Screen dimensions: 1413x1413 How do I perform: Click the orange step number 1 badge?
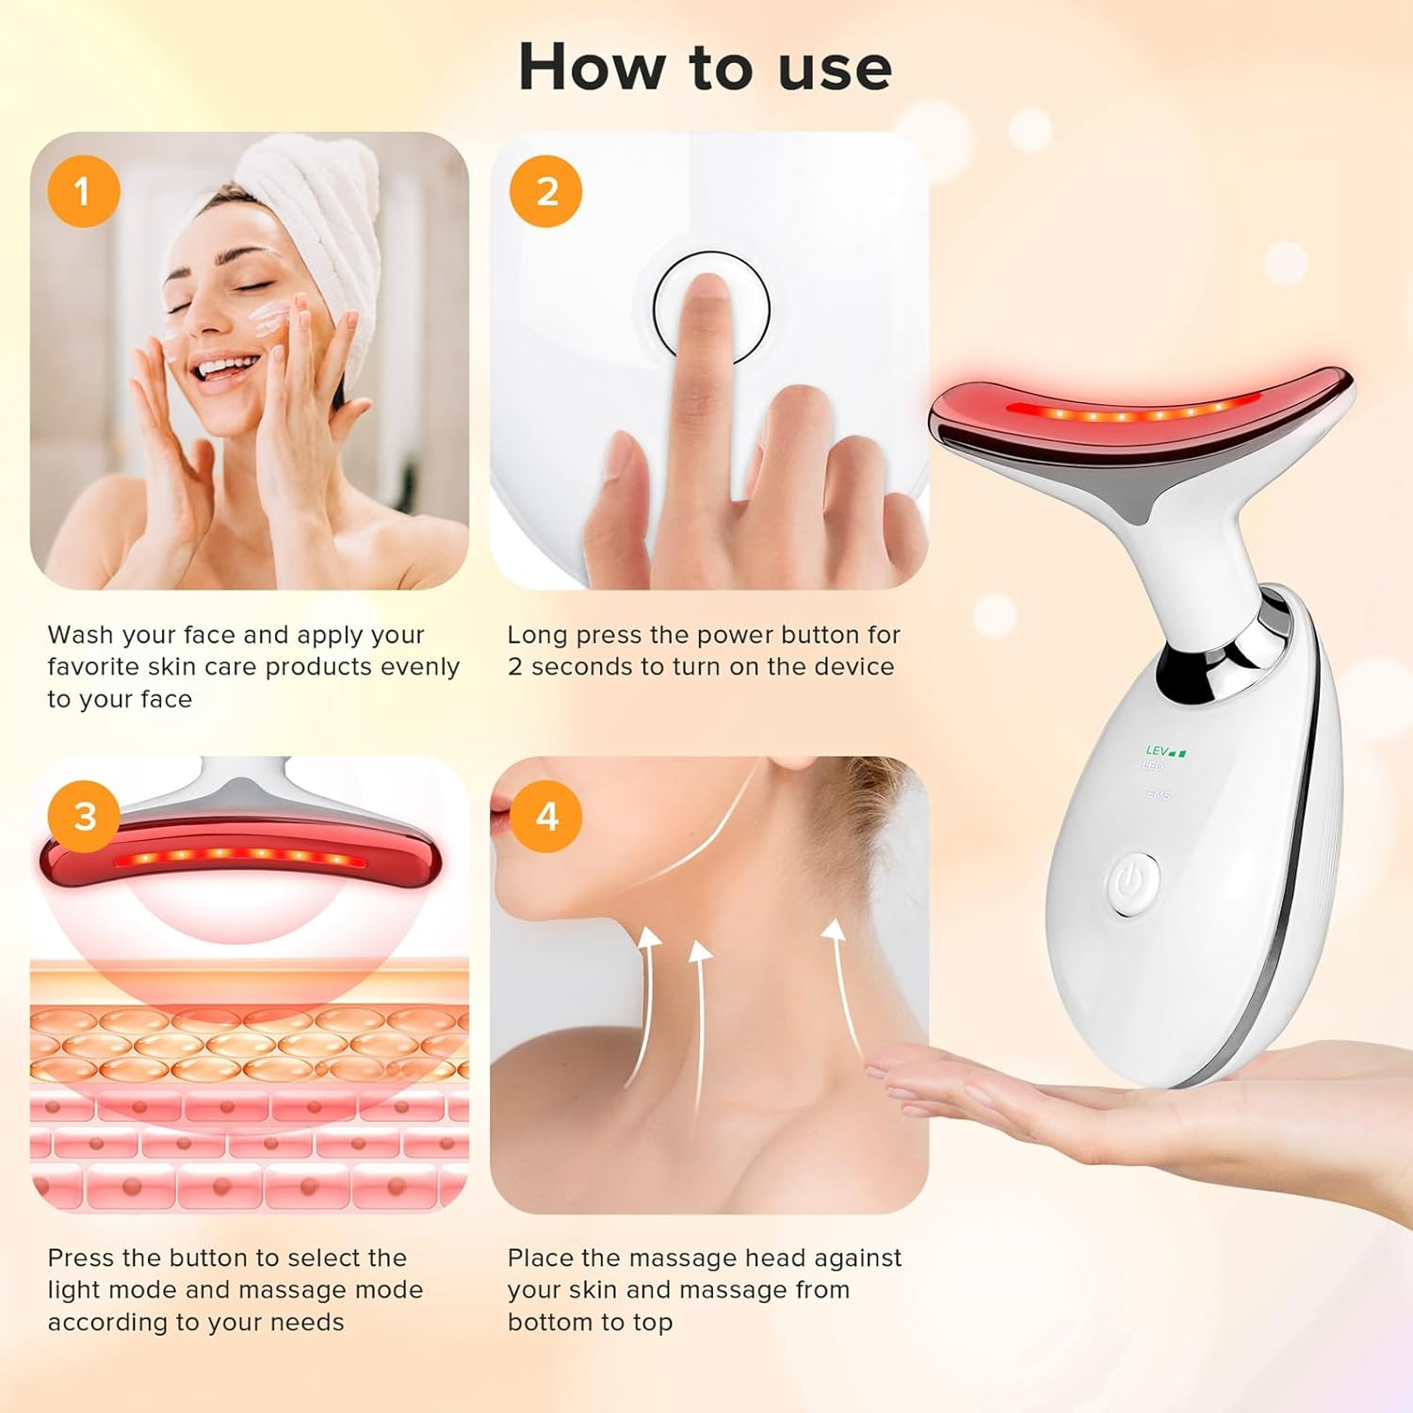[x=83, y=191]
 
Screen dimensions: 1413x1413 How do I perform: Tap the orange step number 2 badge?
[x=545, y=191]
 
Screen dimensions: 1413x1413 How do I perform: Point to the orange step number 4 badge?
[x=545, y=816]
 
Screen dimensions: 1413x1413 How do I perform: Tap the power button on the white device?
[x=1133, y=884]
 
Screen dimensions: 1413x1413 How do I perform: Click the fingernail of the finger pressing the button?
[x=706, y=297]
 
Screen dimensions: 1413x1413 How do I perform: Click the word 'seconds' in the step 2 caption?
[x=582, y=667]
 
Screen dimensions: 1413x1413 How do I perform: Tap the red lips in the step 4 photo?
[x=499, y=813]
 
